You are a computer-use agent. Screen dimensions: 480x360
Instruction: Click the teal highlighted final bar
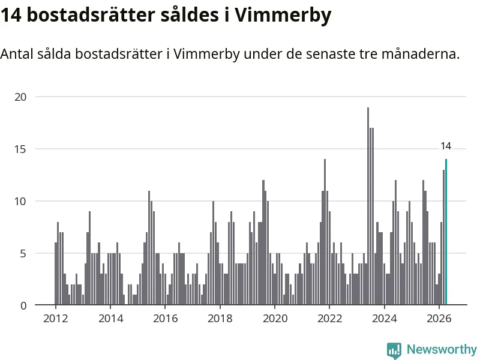click(x=446, y=232)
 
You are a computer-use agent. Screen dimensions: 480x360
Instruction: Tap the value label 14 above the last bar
click(x=446, y=146)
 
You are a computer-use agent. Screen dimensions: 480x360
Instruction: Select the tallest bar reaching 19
click(x=368, y=206)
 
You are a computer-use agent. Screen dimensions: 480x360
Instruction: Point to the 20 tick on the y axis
click(x=20, y=97)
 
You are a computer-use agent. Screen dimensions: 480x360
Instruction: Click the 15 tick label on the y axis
click(x=20, y=149)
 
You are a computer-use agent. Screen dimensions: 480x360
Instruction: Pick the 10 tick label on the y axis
click(x=20, y=202)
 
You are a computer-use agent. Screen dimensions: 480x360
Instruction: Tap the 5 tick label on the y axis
click(x=23, y=253)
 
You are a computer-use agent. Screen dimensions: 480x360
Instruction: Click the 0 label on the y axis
click(x=23, y=305)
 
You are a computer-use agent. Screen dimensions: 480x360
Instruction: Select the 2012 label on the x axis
click(x=55, y=319)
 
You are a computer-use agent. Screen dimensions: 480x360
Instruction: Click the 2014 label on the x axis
click(x=110, y=319)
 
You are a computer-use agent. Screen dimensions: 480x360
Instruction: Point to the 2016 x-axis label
click(x=166, y=319)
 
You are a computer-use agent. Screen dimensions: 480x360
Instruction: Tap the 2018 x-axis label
click(x=220, y=319)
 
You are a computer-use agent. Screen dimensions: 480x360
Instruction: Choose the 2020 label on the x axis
click(x=275, y=319)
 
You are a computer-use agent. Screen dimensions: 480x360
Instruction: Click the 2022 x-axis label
click(x=329, y=319)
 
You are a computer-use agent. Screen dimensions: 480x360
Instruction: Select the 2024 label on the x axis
click(x=384, y=319)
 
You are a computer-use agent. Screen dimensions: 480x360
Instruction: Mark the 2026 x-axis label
click(x=439, y=319)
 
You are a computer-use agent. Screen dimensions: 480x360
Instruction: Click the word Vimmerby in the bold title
click(x=283, y=16)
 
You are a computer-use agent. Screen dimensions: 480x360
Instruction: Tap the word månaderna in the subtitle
click(x=421, y=54)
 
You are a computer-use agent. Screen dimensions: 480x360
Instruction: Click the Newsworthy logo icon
click(x=394, y=350)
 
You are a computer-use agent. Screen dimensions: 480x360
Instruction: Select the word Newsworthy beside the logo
click(x=442, y=349)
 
